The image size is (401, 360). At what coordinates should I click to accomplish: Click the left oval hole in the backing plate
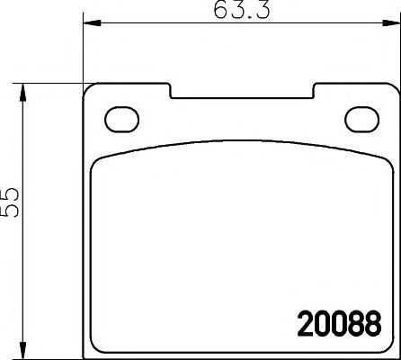point(119,119)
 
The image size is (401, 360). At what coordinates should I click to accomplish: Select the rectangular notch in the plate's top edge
point(243,93)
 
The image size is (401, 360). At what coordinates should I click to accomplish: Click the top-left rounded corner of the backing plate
point(88,93)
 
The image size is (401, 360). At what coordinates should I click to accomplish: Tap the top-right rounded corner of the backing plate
point(392,93)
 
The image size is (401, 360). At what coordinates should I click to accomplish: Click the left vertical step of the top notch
point(173,92)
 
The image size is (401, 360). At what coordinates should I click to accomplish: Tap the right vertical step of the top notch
point(314,92)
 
